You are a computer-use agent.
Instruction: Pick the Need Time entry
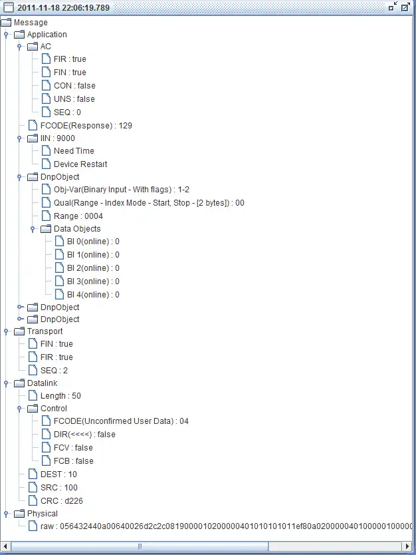[74, 151]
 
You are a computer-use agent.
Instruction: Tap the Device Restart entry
[80, 164]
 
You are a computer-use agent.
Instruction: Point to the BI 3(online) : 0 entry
[93, 281]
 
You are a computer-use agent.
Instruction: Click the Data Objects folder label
[77, 229]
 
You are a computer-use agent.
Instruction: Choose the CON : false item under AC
[74, 86]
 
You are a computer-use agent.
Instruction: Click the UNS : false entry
[74, 99]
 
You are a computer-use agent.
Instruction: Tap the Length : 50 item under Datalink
[60, 396]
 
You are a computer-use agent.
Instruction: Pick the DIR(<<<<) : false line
[84, 435]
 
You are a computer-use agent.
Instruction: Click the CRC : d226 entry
[62, 500]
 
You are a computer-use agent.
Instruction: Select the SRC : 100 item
[58, 487]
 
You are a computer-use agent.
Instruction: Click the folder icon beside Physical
[19, 514]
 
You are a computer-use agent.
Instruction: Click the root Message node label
[31, 23]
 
